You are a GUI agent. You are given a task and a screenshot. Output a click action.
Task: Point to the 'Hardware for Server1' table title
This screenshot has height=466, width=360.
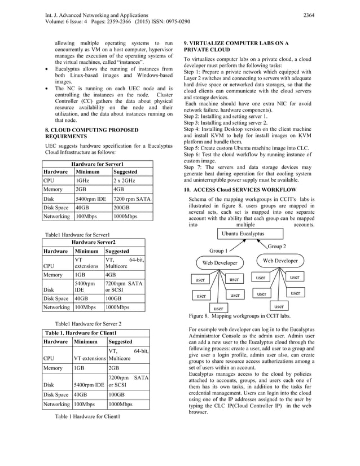coord(93,164)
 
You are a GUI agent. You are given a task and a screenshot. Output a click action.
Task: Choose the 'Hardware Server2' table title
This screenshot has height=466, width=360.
coord(93,241)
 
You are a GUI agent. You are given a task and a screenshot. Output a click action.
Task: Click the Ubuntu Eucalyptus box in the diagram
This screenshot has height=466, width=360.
coord(243,234)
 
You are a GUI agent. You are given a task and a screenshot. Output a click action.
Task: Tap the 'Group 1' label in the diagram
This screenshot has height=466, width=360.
coord(218,250)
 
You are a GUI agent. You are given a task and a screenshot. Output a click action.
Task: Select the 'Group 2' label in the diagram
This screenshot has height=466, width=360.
coord(276,247)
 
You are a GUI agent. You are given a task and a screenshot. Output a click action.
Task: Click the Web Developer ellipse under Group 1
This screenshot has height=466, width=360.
coord(220,263)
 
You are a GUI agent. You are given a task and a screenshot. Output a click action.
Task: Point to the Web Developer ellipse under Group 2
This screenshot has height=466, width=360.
coord(280,261)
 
